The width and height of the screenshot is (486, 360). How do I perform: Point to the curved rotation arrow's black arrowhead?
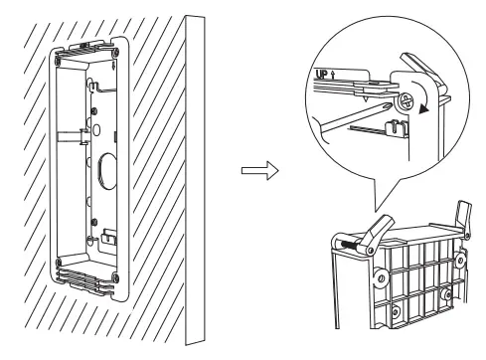point(426,113)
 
